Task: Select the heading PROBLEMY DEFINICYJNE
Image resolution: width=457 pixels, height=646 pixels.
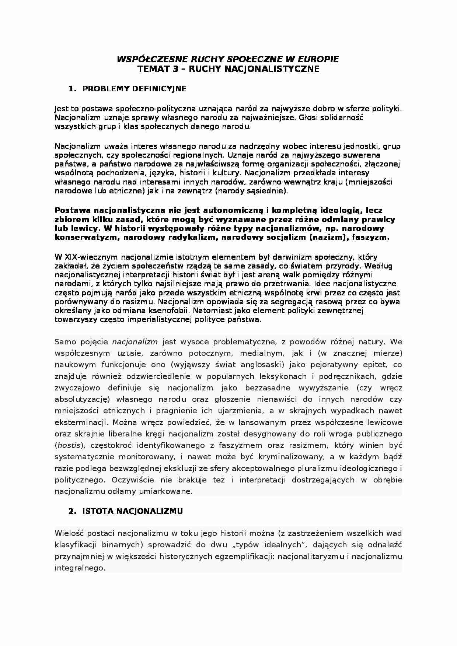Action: point(134,89)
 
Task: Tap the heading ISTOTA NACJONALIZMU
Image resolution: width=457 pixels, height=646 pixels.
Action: point(132,511)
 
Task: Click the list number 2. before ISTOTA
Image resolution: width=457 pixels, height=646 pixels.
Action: point(72,511)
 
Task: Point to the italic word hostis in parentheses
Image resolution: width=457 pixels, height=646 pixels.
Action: point(69,445)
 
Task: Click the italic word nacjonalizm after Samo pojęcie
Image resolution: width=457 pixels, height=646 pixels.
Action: point(135,342)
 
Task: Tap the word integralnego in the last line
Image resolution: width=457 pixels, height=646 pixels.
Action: point(79,568)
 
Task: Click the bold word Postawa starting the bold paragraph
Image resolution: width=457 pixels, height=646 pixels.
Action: point(73,210)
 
